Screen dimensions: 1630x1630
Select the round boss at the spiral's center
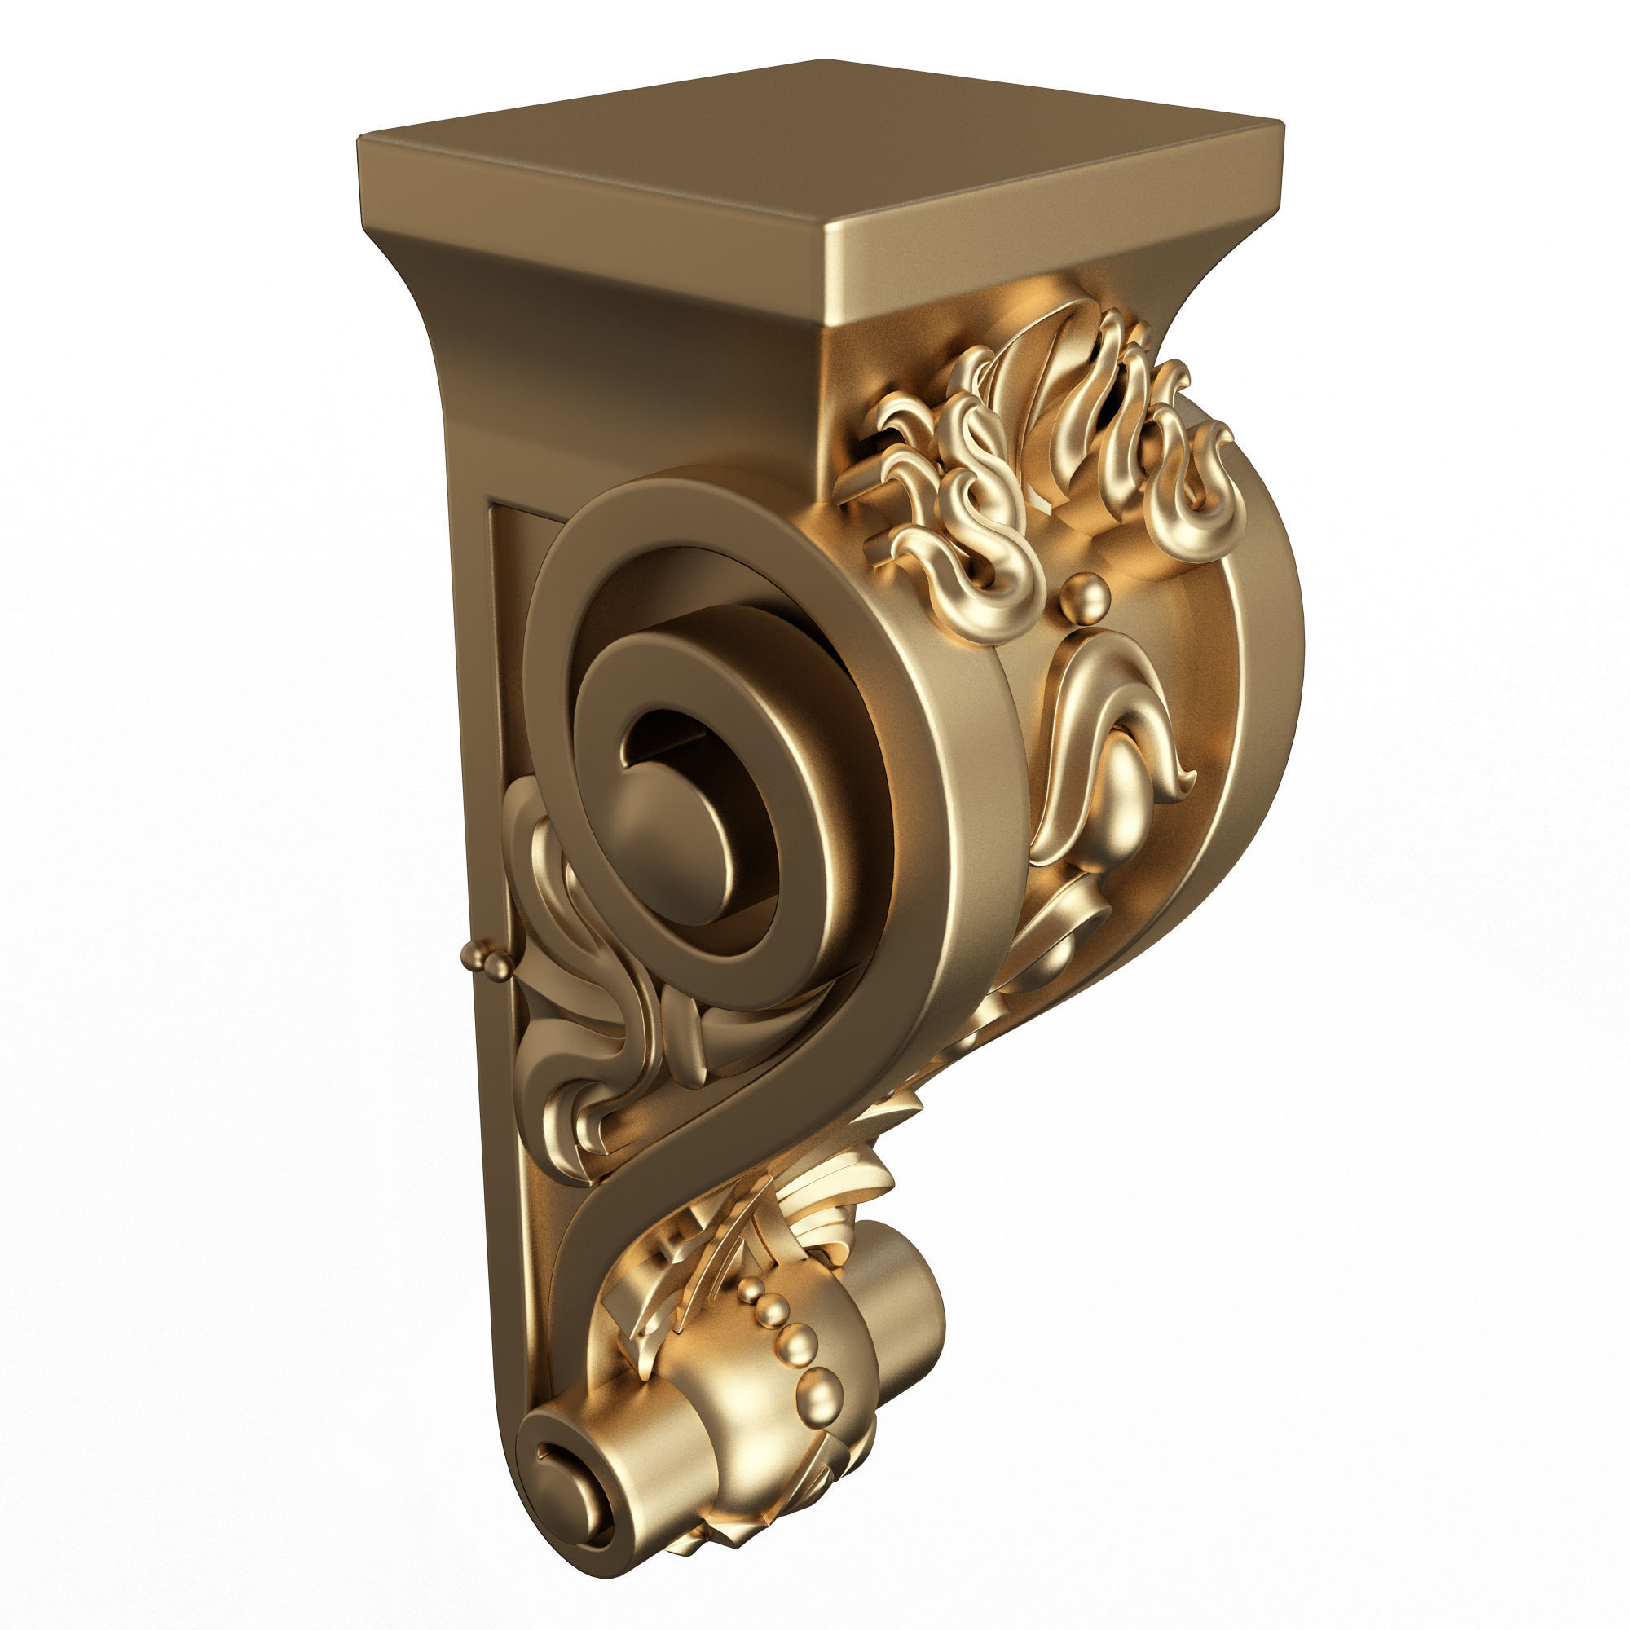675,844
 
